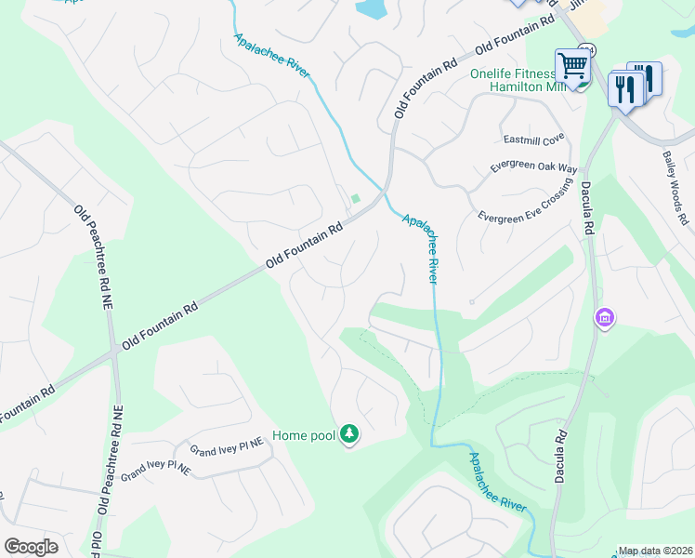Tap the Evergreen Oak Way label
click(x=534, y=169)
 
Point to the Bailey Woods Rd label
click(x=675, y=190)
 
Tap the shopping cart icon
click(x=573, y=66)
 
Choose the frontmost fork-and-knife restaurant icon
click(x=624, y=90)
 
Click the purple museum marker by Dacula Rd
click(x=605, y=319)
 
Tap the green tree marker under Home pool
click(x=349, y=433)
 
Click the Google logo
click(x=31, y=547)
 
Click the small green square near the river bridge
click(x=355, y=198)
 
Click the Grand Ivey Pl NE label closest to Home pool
click(x=228, y=449)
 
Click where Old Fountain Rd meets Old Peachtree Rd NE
click(x=113, y=351)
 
